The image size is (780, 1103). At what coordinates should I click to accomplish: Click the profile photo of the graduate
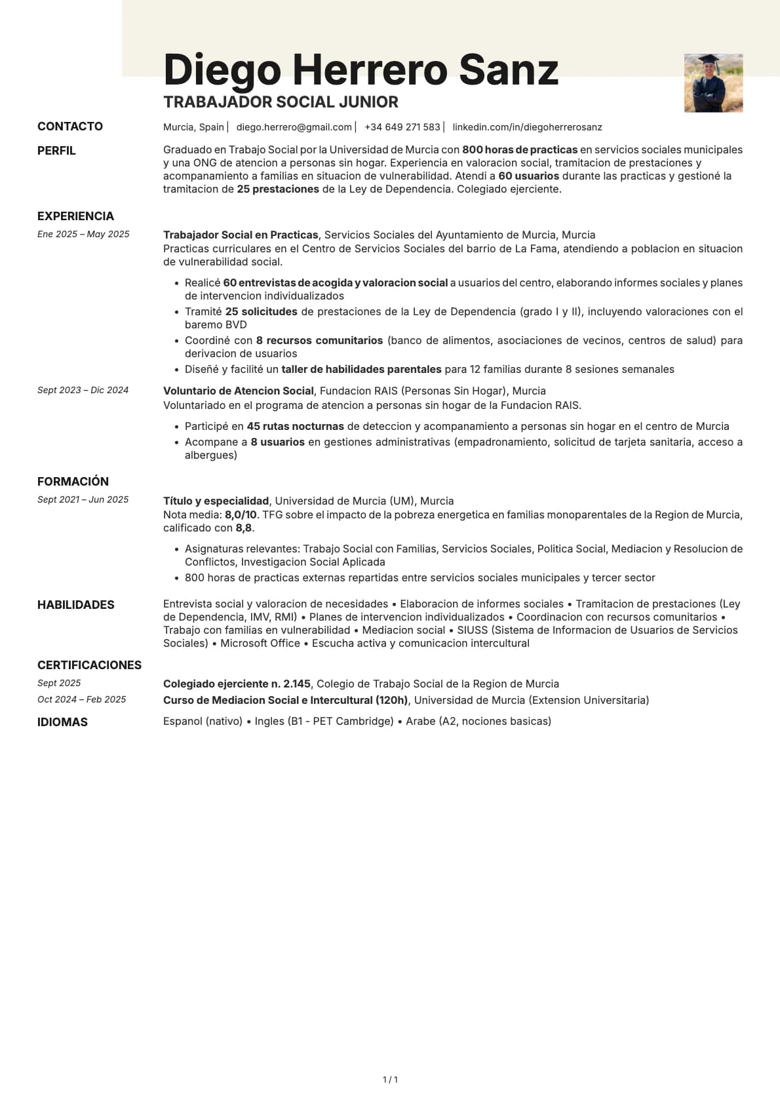[713, 83]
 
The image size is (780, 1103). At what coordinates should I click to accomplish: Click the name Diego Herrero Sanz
[361, 69]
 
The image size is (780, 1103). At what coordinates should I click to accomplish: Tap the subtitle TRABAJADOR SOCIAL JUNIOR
[281, 102]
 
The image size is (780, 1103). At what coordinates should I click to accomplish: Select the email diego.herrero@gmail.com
[294, 127]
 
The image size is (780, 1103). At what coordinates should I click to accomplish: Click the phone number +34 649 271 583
[402, 127]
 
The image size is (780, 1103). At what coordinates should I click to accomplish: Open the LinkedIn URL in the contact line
[527, 127]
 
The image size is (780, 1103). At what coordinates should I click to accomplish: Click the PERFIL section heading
[56, 151]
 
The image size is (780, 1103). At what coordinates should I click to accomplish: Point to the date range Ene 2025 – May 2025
[83, 235]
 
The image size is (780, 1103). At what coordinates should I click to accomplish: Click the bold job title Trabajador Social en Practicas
[241, 235]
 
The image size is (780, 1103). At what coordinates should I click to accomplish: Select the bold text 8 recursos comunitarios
[319, 341]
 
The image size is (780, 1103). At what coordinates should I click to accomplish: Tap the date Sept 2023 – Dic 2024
[83, 391]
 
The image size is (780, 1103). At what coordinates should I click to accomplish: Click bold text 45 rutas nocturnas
[295, 427]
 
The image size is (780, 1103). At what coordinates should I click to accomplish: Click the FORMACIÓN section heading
[73, 482]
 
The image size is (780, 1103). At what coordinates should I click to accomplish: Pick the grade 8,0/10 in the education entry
[241, 515]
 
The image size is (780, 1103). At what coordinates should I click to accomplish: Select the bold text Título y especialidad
[216, 501]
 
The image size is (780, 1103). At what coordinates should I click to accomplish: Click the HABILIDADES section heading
[75, 605]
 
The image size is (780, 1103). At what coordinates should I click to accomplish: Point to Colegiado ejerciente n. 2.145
[237, 684]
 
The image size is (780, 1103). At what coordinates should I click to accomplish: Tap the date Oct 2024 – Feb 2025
[81, 700]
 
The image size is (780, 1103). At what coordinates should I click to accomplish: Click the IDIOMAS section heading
[62, 722]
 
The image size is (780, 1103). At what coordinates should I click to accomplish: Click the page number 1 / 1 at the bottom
[390, 1080]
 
